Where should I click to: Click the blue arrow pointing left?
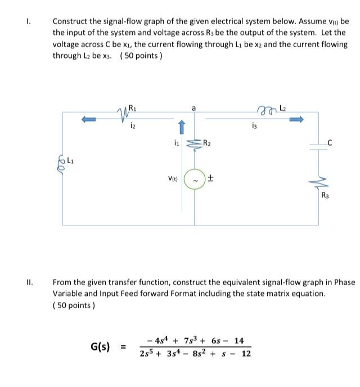click(89, 119)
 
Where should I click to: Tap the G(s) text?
click(103, 346)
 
